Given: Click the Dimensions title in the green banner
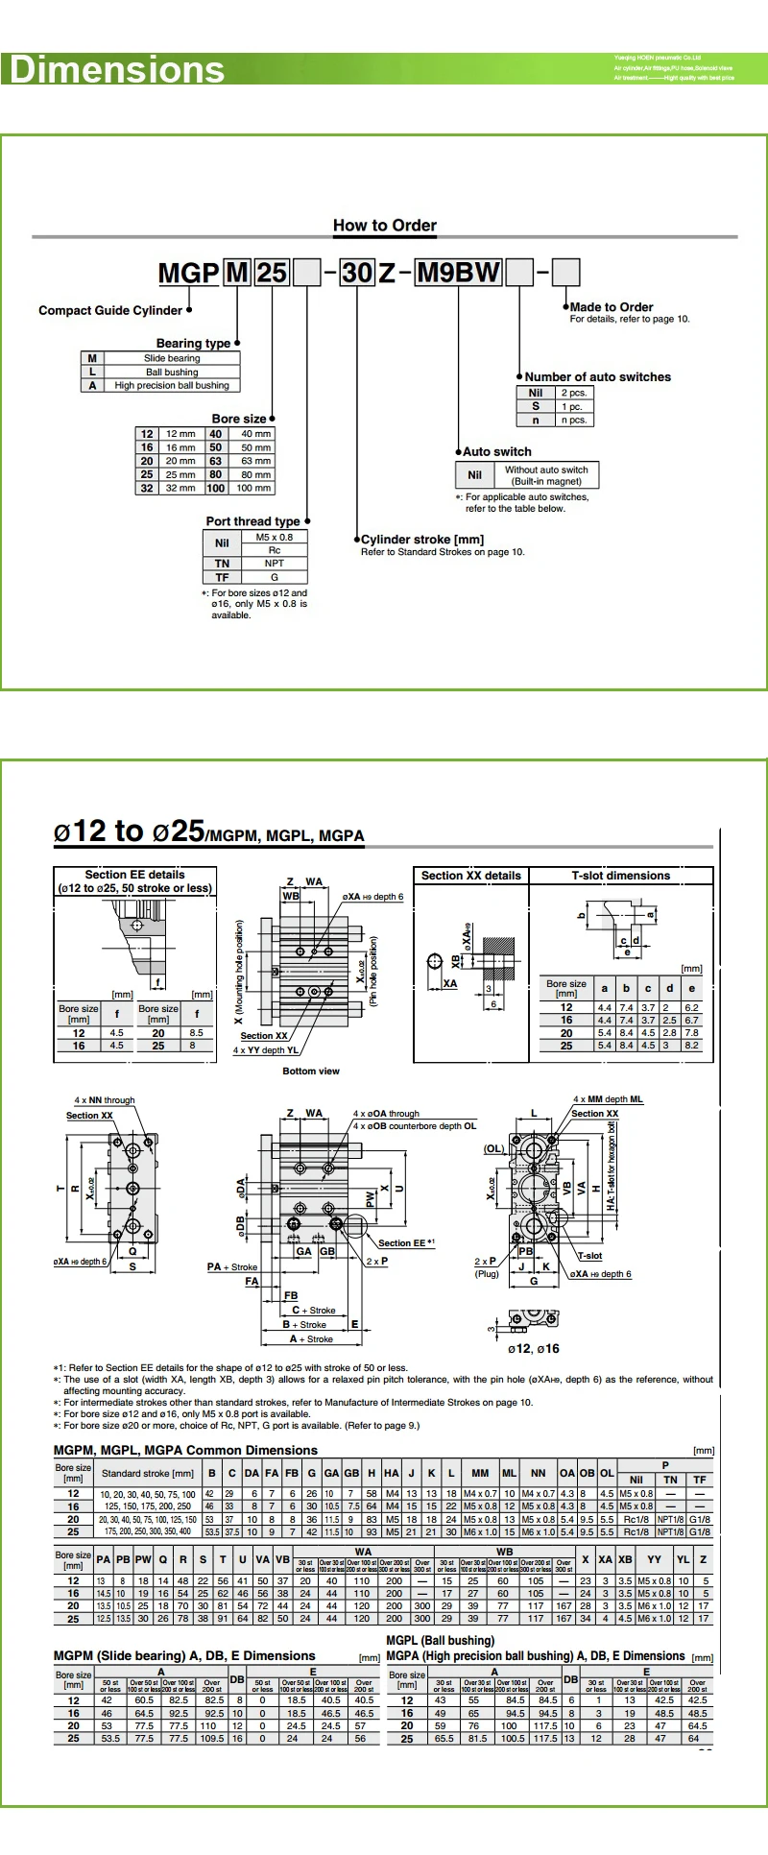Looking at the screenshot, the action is pos(116,70).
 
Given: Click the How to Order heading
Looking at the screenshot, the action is pos(385,226).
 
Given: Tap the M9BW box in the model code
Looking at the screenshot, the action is pos(459,273).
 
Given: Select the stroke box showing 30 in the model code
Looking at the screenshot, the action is pos(357,273).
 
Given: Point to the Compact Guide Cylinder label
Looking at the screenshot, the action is pos(110,310).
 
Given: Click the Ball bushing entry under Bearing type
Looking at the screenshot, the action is pos(172,372).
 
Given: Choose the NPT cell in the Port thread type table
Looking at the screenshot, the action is pos(275,564).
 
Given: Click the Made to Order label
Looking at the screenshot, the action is pos(612,307).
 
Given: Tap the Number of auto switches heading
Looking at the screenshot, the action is pos(597,377).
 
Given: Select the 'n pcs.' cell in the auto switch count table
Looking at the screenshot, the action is pos(573,420).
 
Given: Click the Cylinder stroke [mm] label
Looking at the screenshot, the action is pos(422,540).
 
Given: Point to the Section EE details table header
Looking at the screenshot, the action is pos(134,881).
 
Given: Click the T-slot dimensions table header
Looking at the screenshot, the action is pos(621,876).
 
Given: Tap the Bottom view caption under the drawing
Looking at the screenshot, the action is pos(311,1071).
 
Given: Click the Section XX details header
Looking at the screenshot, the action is pos(470,876).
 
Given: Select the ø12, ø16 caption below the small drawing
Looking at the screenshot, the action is pos(534,1348).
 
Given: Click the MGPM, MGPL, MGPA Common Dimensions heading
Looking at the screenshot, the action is pos(185,1450).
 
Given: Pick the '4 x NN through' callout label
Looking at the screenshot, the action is pos(105,1100).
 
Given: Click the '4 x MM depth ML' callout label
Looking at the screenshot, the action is pos(609,1099).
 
